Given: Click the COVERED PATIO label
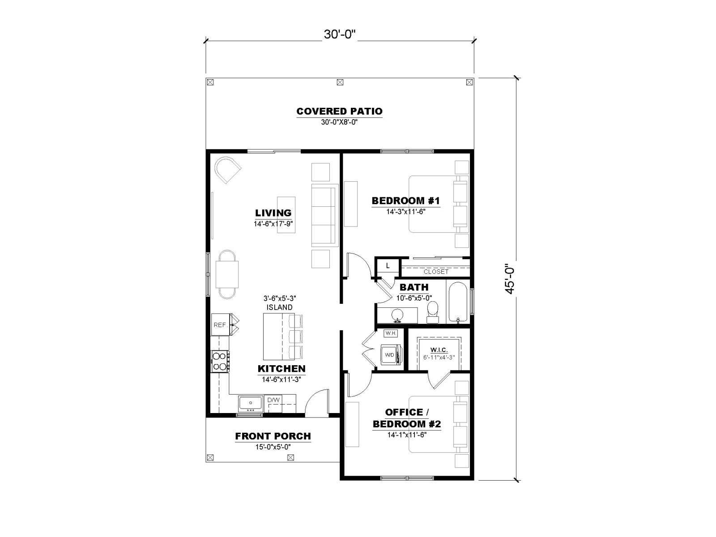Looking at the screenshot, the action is [x=339, y=111].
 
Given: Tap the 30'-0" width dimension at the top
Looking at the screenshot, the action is [x=339, y=34].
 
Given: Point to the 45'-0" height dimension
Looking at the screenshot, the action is [x=510, y=279].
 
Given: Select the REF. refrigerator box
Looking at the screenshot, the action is [x=220, y=324].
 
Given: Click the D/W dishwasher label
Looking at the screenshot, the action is [x=273, y=400].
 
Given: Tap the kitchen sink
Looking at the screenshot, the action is [x=250, y=404].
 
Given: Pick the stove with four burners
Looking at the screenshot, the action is [x=220, y=361].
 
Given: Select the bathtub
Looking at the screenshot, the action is [x=458, y=302].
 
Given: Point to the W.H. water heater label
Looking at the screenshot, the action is [x=391, y=333].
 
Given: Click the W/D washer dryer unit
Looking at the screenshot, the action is [x=391, y=354].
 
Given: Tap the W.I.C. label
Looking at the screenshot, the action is [x=439, y=350].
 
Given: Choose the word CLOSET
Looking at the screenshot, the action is [x=436, y=272].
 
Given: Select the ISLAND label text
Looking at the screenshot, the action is [x=279, y=307].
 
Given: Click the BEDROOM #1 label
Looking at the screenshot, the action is [x=406, y=200].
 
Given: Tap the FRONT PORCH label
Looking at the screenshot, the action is [x=273, y=436].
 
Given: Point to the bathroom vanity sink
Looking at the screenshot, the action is [x=397, y=315].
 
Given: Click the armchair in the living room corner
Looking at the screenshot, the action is [x=227, y=170].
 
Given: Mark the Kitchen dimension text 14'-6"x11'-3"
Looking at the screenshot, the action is [x=281, y=379].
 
